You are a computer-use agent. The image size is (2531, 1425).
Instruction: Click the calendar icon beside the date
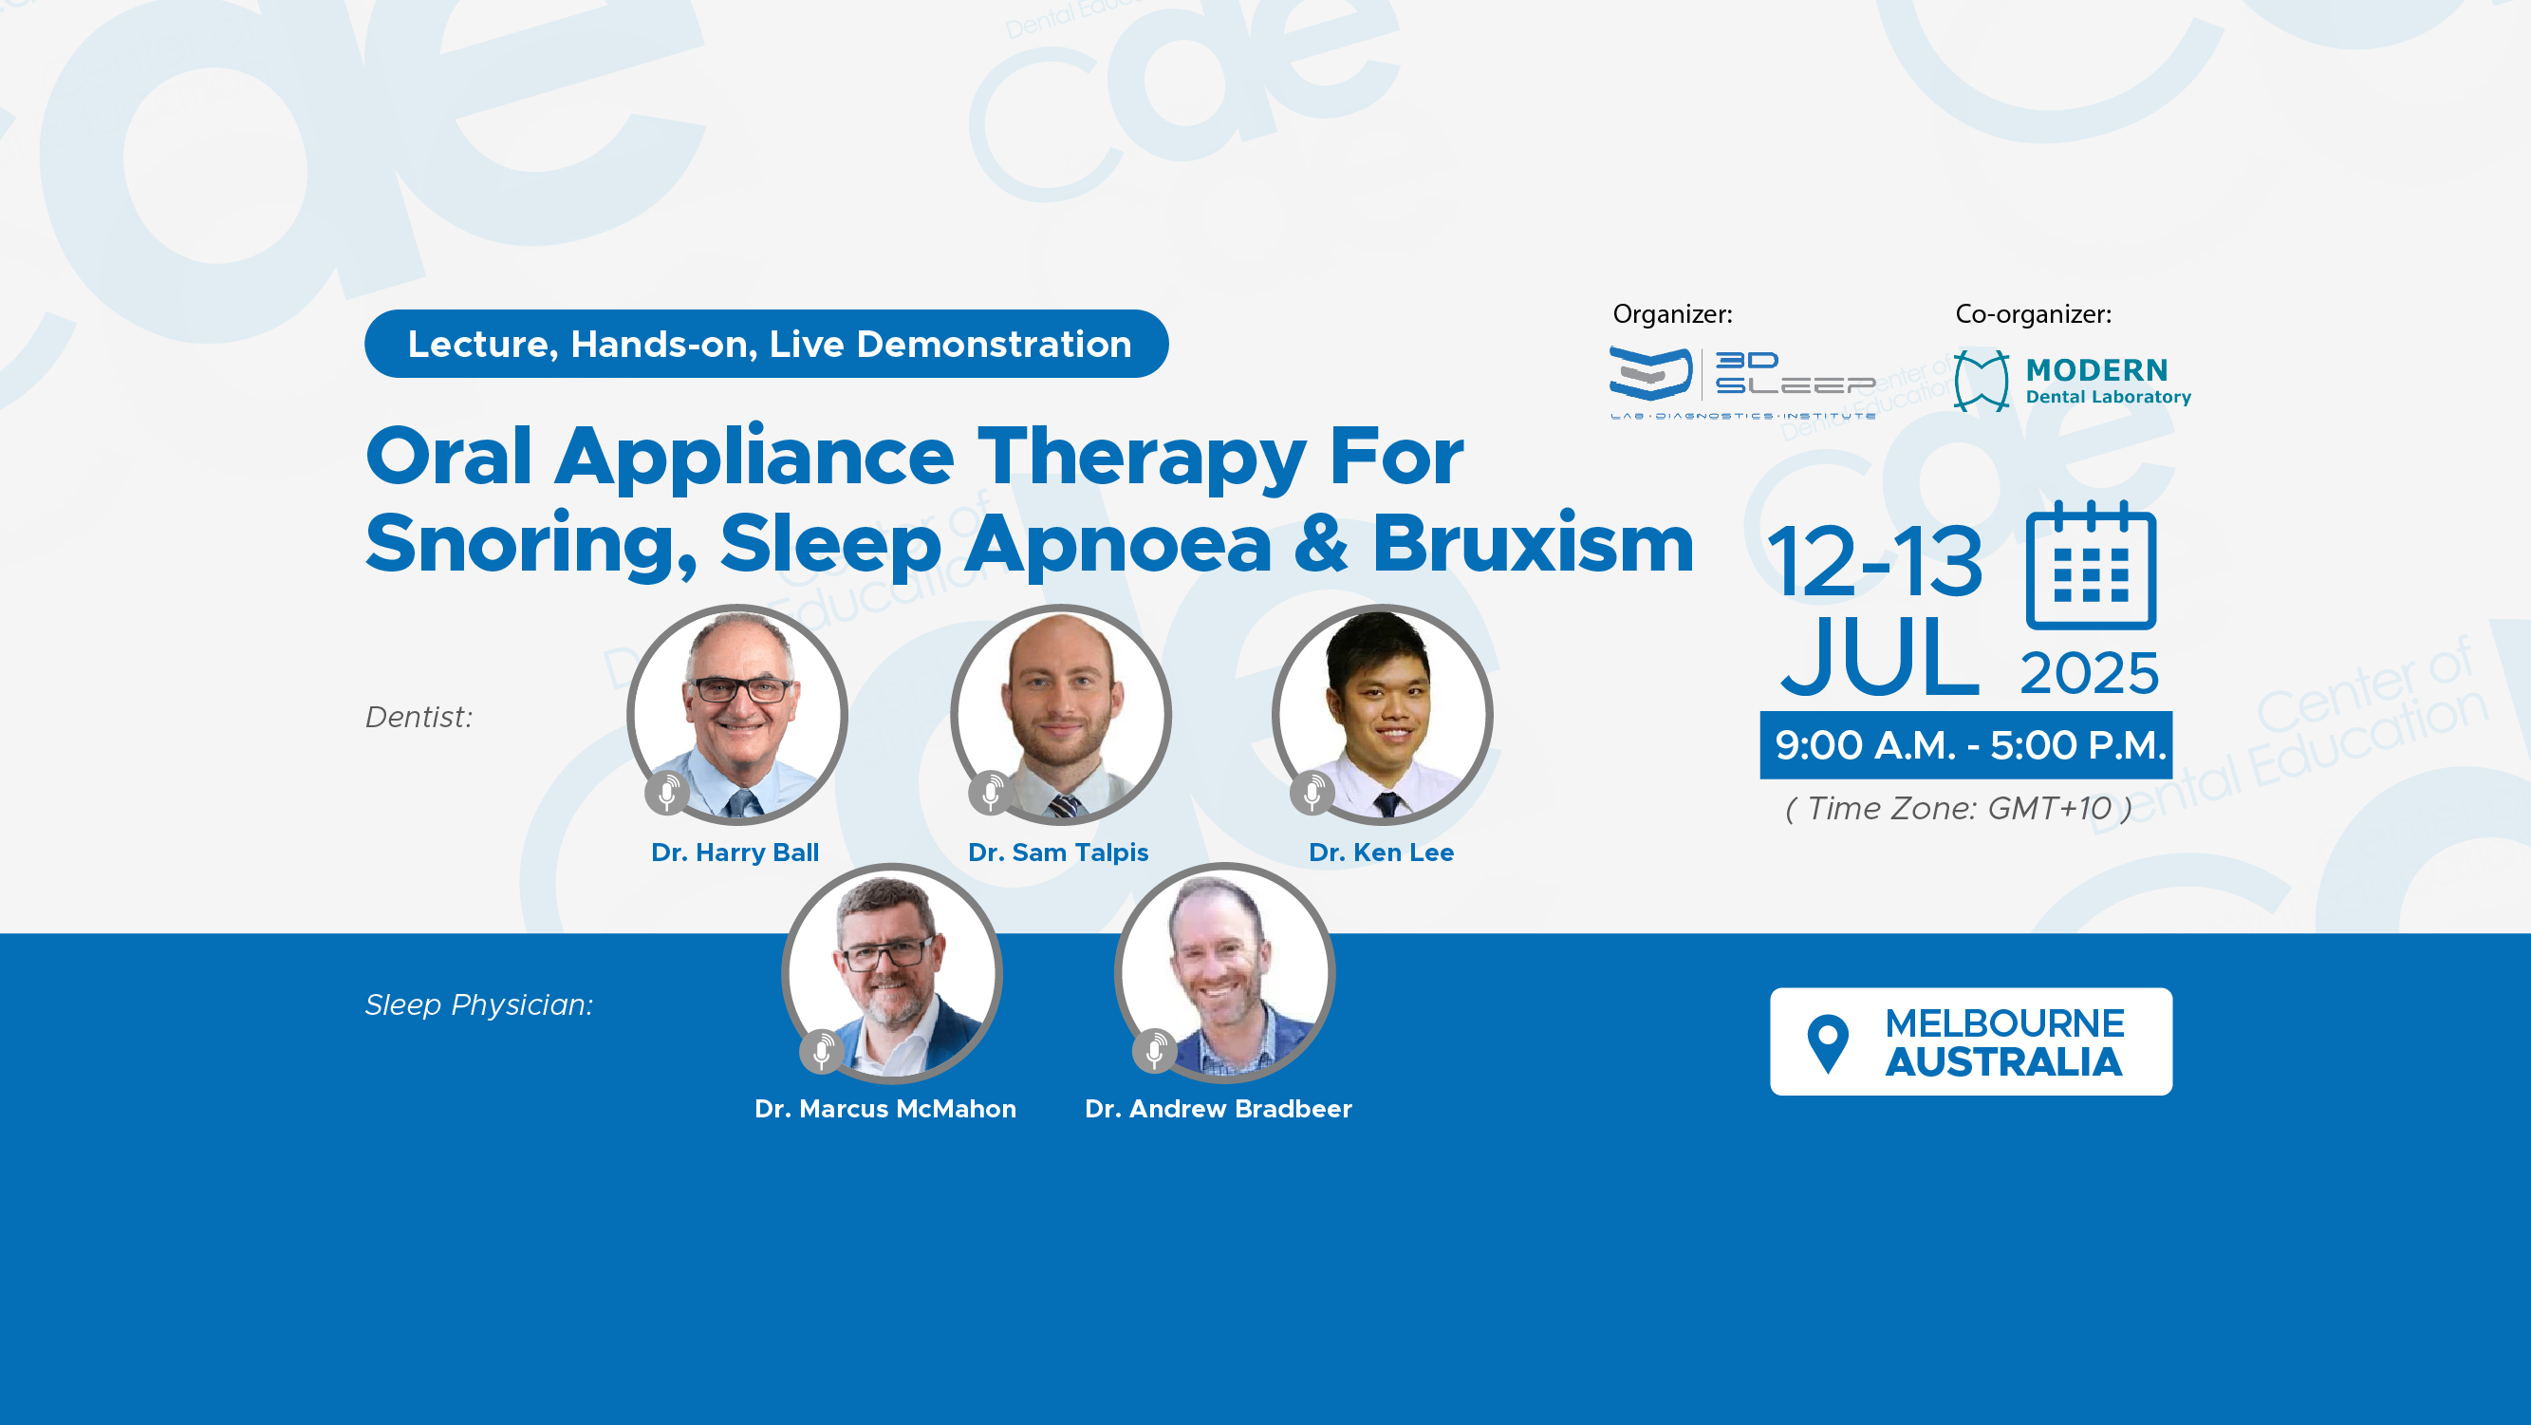pyautogui.click(x=2091, y=565)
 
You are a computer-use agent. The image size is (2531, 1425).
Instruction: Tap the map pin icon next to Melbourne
pyautogui.click(x=1828, y=1042)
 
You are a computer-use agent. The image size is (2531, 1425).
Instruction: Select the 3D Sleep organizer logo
pyautogui.click(x=1742, y=383)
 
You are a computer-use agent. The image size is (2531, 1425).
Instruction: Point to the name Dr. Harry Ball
pyautogui.click(x=735, y=852)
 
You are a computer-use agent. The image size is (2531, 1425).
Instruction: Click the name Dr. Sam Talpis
pyautogui.click(x=1058, y=852)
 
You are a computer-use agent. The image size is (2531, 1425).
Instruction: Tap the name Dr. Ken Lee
pyautogui.click(x=1381, y=852)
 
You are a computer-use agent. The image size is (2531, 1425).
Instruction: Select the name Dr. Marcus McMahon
pyautogui.click(x=885, y=1109)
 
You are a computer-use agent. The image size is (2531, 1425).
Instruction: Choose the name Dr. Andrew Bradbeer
pyautogui.click(x=1219, y=1109)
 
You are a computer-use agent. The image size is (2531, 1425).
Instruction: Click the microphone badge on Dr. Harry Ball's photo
pyautogui.click(x=667, y=792)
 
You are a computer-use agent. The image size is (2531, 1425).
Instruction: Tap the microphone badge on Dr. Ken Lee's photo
pyautogui.click(x=1312, y=792)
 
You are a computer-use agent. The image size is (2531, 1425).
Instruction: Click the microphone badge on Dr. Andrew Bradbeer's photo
pyautogui.click(x=1155, y=1051)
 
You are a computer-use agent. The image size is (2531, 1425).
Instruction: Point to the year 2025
pyautogui.click(x=2089, y=673)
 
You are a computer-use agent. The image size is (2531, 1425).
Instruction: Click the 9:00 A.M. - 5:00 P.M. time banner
pyautogui.click(x=1966, y=745)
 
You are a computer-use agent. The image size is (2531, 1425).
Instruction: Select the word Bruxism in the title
pyautogui.click(x=1533, y=543)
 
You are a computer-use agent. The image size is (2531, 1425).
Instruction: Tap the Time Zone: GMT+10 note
pyautogui.click(x=1959, y=808)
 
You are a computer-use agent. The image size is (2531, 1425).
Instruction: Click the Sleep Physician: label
pyautogui.click(x=479, y=1004)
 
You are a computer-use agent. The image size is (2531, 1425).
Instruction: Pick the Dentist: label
pyautogui.click(x=419, y=717)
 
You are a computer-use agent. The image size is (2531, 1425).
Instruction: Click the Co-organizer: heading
pyautogui.click(x=2033, y=314)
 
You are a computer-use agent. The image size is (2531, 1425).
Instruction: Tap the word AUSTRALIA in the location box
pyautogui.click(x=2003, y=1062)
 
